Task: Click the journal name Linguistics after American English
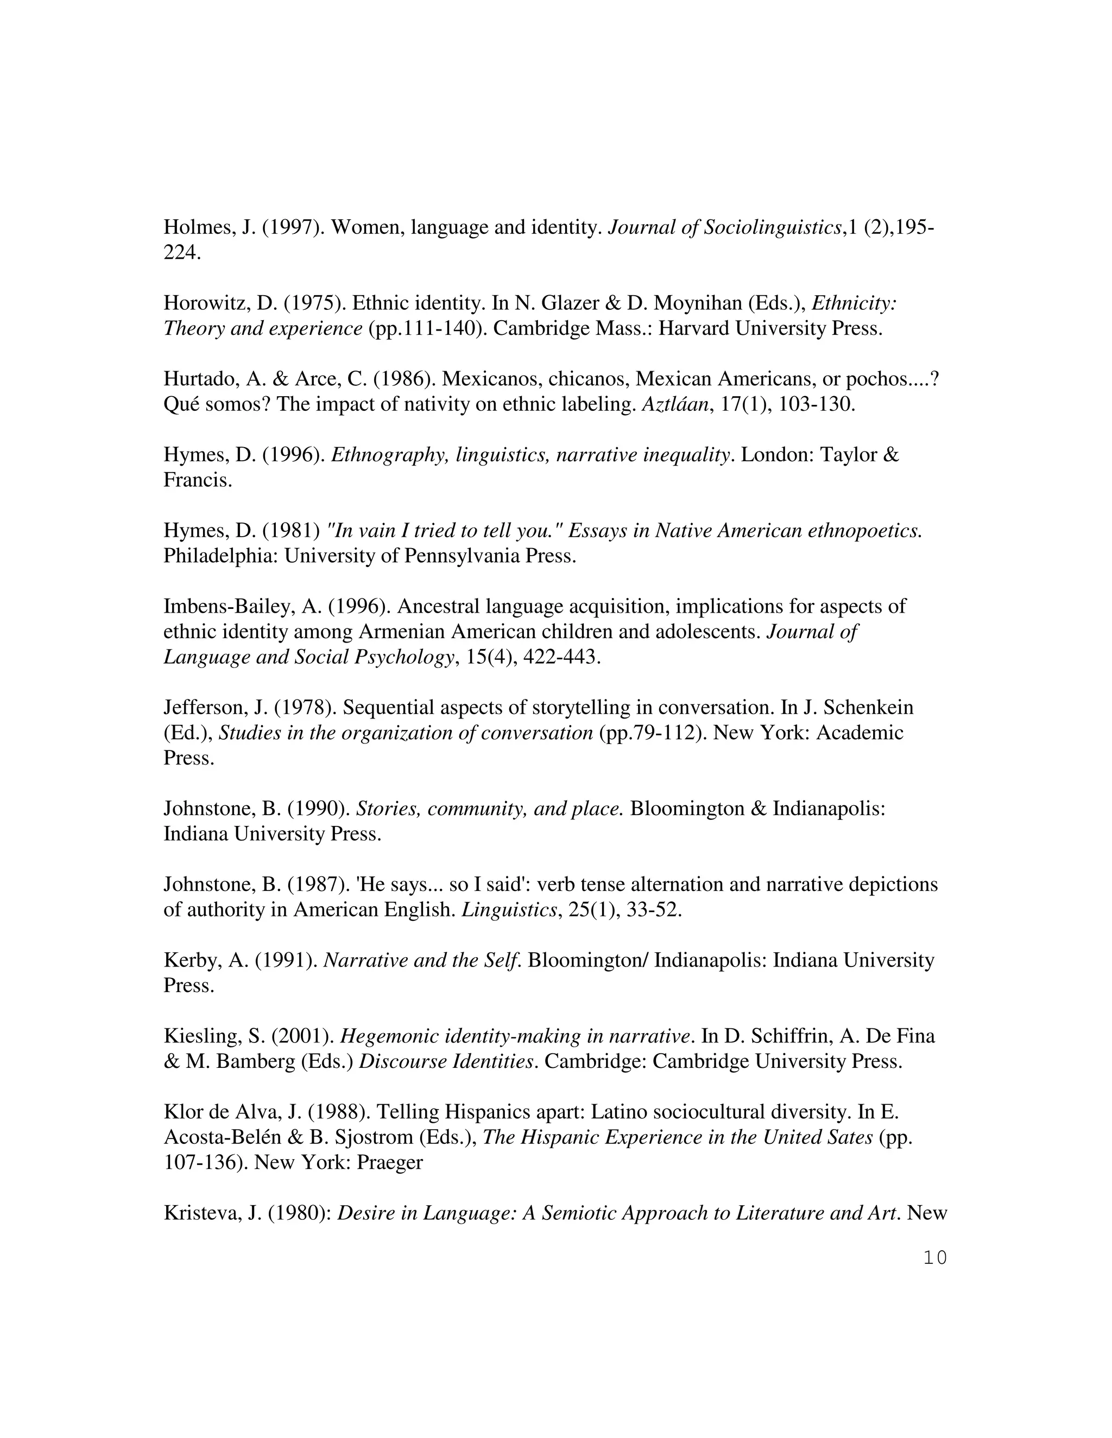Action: coord(509,911)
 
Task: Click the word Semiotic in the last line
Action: coord(578,1213)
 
